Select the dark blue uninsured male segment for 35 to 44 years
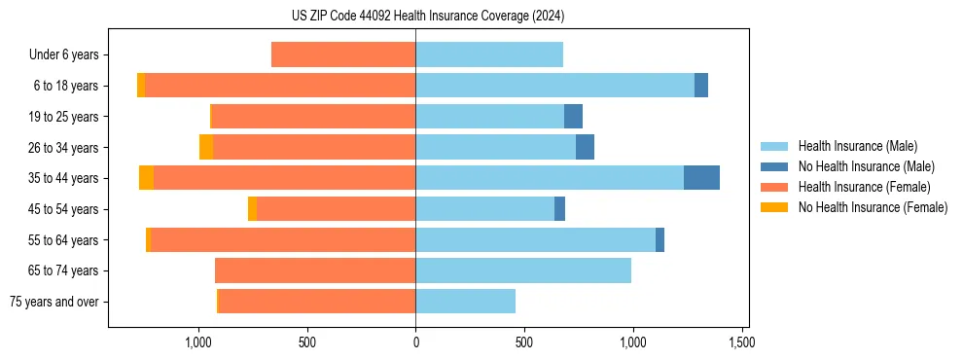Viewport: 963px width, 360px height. point(701,178)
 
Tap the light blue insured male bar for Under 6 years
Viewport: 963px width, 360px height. point(489,54)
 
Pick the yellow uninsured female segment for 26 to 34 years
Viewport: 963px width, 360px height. point(206,147)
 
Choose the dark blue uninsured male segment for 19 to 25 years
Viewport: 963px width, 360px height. point(573,117)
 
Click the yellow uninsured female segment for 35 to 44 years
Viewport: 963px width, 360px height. point(146,178)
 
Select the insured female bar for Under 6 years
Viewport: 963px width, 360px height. point(343,54)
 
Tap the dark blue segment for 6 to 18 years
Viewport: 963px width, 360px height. point(701,86)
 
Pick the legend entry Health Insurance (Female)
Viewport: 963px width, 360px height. point(864,187)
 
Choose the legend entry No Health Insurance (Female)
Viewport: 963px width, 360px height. point(873,207)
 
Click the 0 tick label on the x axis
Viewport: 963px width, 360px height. point(415,343)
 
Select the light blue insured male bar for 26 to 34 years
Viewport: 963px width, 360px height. point(495,147)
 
